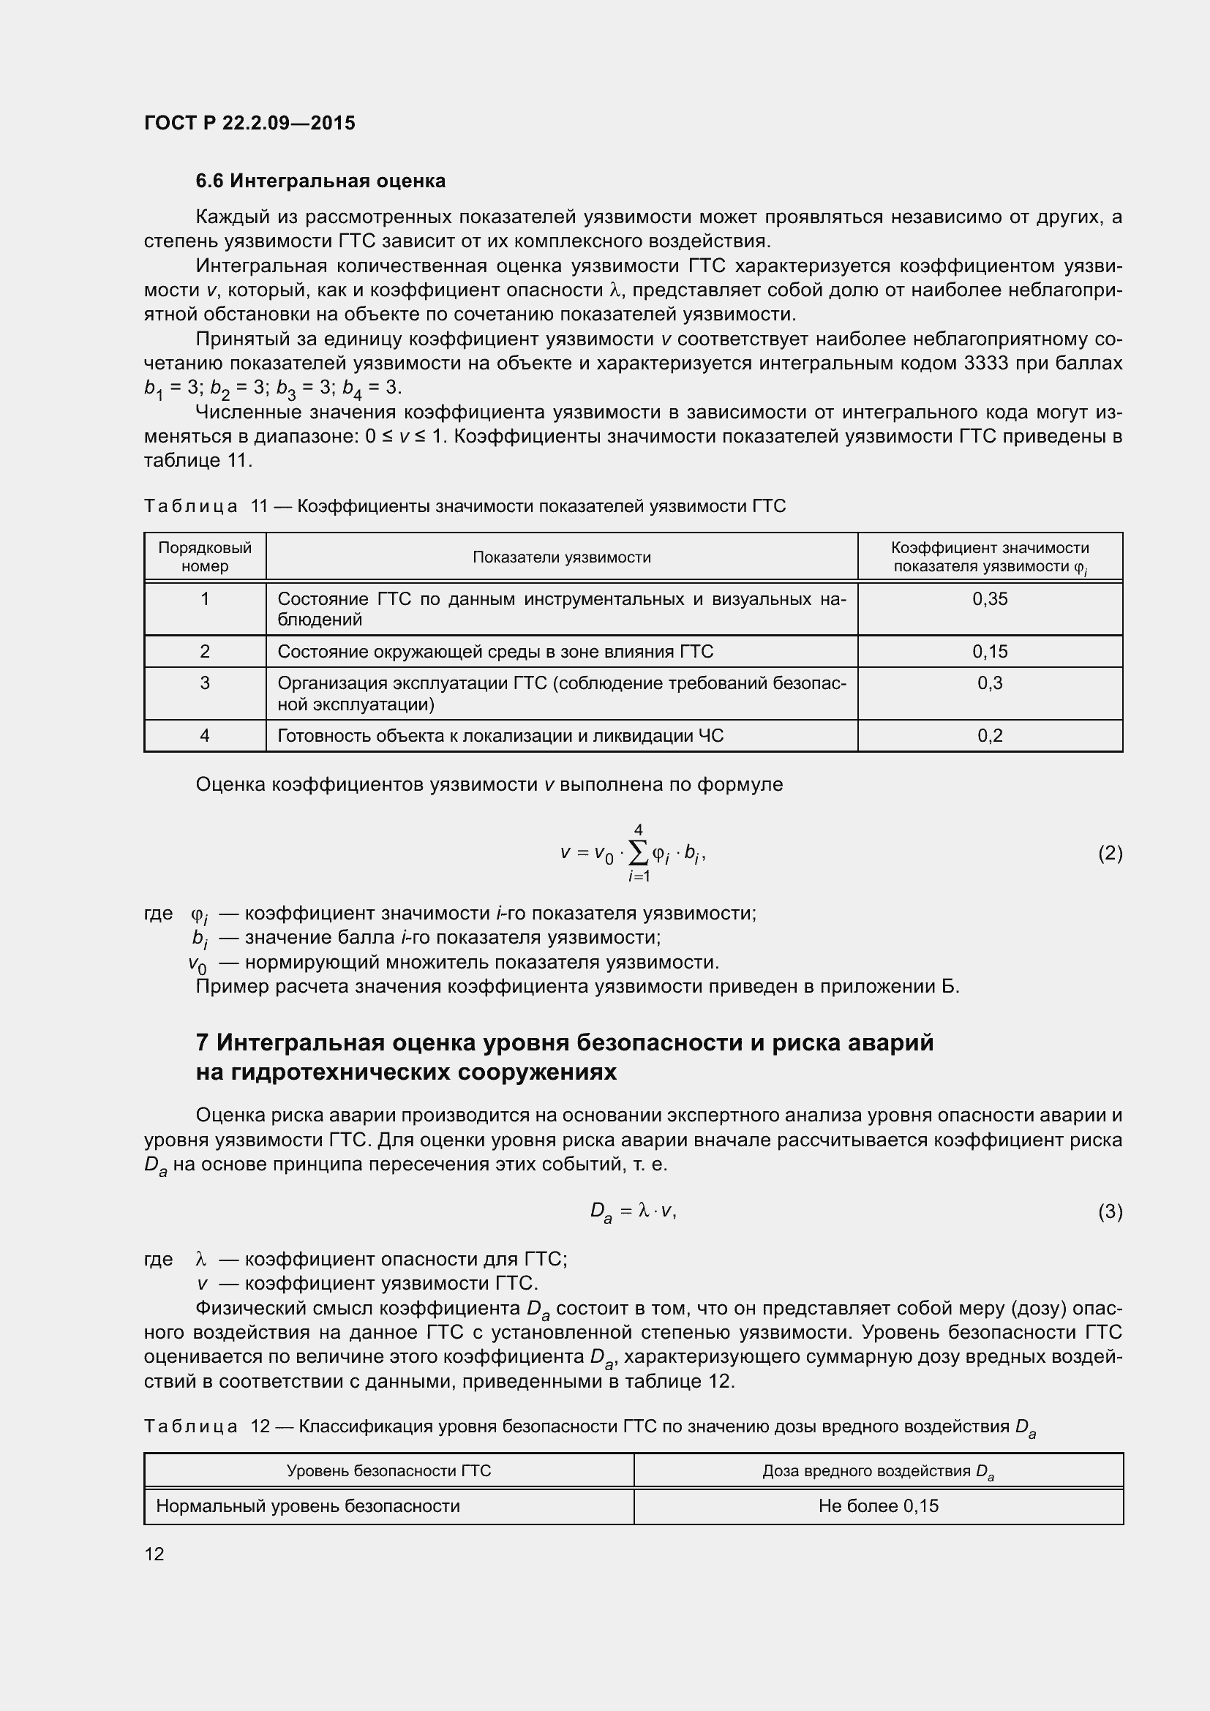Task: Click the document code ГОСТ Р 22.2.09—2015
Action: pos(249,123)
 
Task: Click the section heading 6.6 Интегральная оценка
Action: pos(320,181)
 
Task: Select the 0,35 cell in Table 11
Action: pos(990,599)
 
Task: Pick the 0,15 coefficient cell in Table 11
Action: pos(990,652)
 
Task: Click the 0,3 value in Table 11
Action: pos(990,683)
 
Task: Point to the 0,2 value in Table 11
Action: pos(990,737)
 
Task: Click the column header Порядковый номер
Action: pos(205,557)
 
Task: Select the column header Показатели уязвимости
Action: pos(562,557)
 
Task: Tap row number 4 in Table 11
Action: pos(205,737)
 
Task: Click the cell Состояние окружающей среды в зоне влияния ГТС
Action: pos(495,652)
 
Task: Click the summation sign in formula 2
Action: pos(639,854)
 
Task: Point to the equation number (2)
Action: pos(1110,853)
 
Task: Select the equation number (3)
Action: pos(1110,1211)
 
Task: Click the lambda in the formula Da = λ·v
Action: pos(645,1211)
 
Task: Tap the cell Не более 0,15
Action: pos(879,1506)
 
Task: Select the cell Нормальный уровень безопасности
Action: pos(308,1506)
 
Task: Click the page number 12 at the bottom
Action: pos(154,1554)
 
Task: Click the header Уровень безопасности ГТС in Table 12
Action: pos(389,1471)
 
